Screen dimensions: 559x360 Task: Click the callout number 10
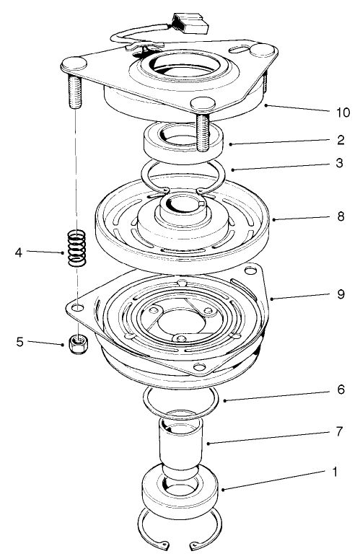pyautogui.click(x=343, y=113)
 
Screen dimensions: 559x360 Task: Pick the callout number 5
pyautogui.click(x=19, y=343)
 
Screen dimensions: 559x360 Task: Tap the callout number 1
pyautogui.click(x=335, y=472)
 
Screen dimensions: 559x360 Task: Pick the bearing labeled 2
pyautogui.click(x=186, y=141)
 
